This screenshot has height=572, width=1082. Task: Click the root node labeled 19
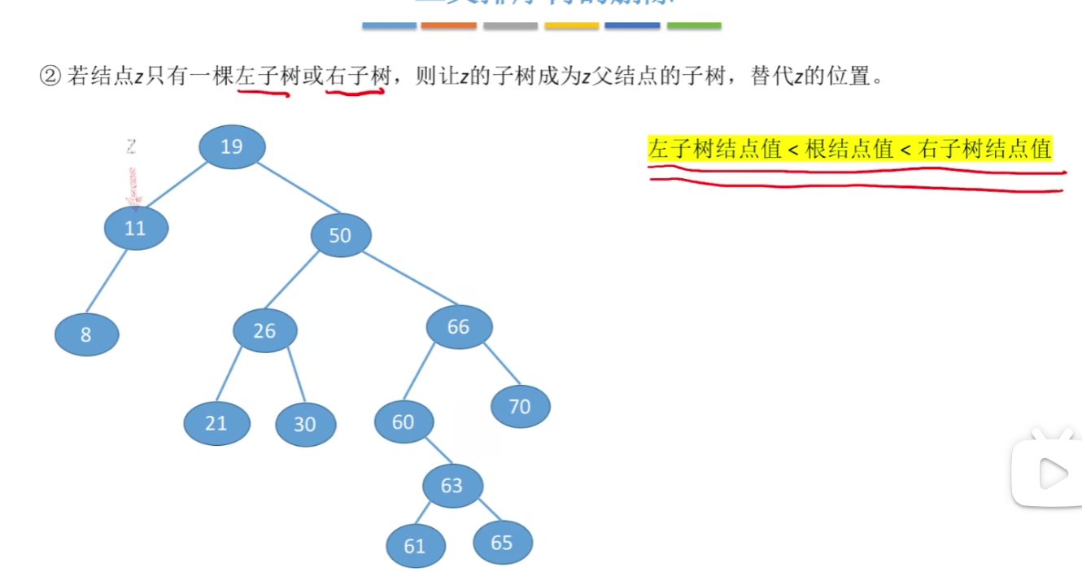[232, 147]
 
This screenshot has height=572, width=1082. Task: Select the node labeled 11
[136, 229]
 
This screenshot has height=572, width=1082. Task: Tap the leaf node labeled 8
[86, 334]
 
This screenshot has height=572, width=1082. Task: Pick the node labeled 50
[341, 236]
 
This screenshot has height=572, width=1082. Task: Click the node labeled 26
[265, 331]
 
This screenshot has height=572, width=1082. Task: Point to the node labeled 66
[459, 327]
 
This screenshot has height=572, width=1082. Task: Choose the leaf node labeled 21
[216, 424]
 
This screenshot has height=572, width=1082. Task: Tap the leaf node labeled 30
[305, 425]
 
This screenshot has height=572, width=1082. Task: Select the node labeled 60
[404, 422]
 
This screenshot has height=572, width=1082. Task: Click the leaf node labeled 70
[521, 406]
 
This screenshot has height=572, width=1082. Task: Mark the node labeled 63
[452, 486]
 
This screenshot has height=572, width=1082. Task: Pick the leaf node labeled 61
[416, 545]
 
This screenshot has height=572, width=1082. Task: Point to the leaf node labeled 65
[502, 542]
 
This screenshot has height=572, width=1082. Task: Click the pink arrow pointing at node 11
[132, 187]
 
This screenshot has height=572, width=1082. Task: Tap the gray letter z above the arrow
[131, 147]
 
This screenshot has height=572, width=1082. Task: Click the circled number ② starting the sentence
[50, 77]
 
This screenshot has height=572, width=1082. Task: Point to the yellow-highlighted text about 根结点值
[849, 150]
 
